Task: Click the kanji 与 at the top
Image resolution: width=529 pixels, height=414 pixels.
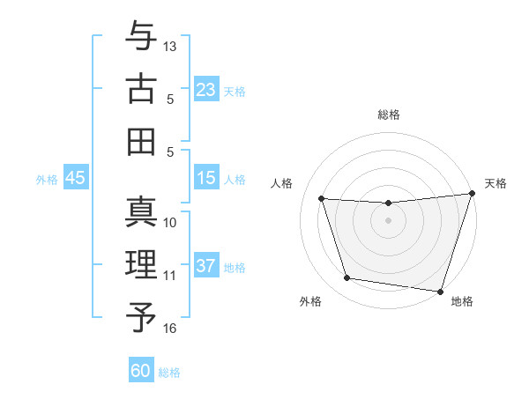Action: click(141, 37)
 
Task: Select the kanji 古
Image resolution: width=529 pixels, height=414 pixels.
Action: click(141, 89)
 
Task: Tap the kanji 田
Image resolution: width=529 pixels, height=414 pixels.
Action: click(141, 141)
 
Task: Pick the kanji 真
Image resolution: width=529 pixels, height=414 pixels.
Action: click(141, 212)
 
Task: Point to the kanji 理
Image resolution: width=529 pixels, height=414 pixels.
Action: click(141, 264)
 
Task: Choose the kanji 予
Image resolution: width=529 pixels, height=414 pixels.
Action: click(141, 316)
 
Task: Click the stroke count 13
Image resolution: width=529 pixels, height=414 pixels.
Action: click(171, 46)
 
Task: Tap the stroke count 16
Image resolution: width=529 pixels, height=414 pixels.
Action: click(171, 328)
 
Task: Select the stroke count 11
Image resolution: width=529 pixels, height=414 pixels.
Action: click(170, 276)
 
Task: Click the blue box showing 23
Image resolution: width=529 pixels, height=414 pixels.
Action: click(205, 89)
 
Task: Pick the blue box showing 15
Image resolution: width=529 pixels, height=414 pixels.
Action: click(205, 178)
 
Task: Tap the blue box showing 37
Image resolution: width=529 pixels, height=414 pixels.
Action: click(205, 266)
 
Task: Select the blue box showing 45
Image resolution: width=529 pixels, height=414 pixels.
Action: click(76, 178)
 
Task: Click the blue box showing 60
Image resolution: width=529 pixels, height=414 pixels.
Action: click(141, 371)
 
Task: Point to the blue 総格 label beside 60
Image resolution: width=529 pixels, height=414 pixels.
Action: click(170, 373)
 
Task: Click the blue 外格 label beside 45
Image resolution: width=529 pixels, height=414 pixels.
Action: click(47, 180)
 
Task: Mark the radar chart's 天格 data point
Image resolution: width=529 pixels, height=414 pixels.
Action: click(472, 195)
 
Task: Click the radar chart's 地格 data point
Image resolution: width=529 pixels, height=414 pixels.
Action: click(440, 290)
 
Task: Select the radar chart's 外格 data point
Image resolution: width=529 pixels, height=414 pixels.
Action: click(346, 278)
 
